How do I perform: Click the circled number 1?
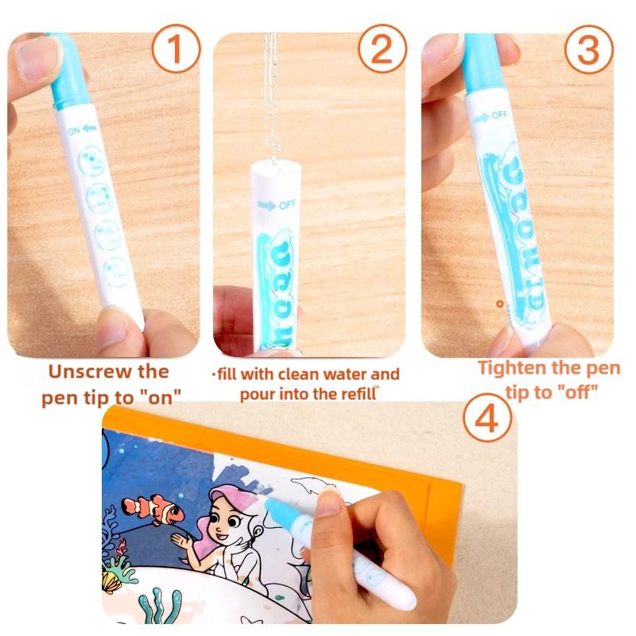tap(176, 50)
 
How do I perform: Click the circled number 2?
tap(382, 50)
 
